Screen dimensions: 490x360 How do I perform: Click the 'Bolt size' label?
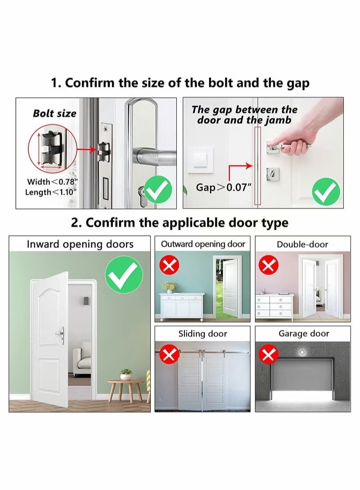[x=54, y=113]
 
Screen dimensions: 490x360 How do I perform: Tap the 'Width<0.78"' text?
[x=53, y=182]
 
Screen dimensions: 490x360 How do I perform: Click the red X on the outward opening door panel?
[x=169, y=266]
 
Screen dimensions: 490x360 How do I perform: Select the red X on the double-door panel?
[x=269, y=266]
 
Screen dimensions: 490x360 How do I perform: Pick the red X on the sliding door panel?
[x=169, y=355]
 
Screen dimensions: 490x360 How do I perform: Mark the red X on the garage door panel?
[x=269, y=355]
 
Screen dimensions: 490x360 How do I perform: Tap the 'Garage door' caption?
[x=303, y=334]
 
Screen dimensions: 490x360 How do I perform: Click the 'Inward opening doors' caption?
[x=80, y=245]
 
